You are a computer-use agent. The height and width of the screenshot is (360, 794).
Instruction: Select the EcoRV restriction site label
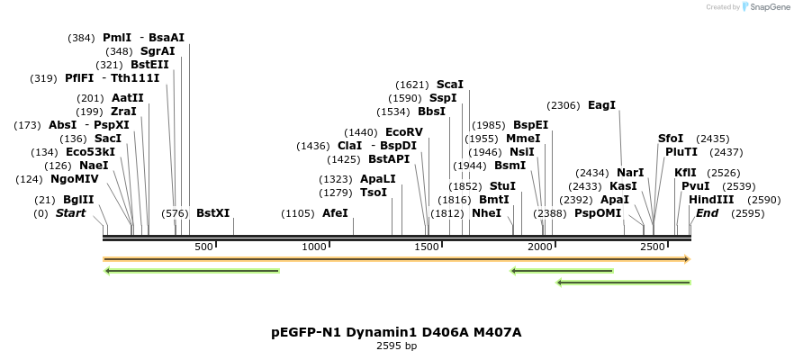tap(403, 132)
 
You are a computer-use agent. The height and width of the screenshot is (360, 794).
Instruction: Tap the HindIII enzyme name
tap(711, 200)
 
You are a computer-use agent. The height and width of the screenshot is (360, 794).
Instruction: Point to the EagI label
tap(601, 105)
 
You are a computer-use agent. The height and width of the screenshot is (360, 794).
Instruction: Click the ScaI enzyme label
tap(449, 84)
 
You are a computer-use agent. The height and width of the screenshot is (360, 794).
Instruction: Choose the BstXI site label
tap(212, 213)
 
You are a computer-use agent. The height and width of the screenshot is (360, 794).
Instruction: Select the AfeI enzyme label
tap(335, 213)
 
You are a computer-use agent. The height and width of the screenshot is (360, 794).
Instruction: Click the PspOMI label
tap(598, 213)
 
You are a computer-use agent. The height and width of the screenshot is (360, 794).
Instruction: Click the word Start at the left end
tap(70, 213)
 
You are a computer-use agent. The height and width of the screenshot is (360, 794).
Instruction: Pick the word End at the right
tap(707, 213)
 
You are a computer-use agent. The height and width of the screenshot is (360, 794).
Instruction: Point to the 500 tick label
tap(203, 247)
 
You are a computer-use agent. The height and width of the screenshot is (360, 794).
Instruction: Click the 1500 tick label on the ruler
tap(427, 247)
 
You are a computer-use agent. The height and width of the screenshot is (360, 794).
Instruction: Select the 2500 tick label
tap(652, 247)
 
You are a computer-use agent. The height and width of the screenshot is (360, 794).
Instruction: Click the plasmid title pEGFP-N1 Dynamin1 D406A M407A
tap(396, 332)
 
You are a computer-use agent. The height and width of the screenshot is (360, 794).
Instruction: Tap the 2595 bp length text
tap(396, 346)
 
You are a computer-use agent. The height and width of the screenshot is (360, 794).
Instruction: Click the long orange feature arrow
tap(396, 259)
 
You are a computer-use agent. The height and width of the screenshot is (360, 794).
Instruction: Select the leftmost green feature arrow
tap(192, 270)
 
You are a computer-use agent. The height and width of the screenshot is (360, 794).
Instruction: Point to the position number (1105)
tap(298, 213)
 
